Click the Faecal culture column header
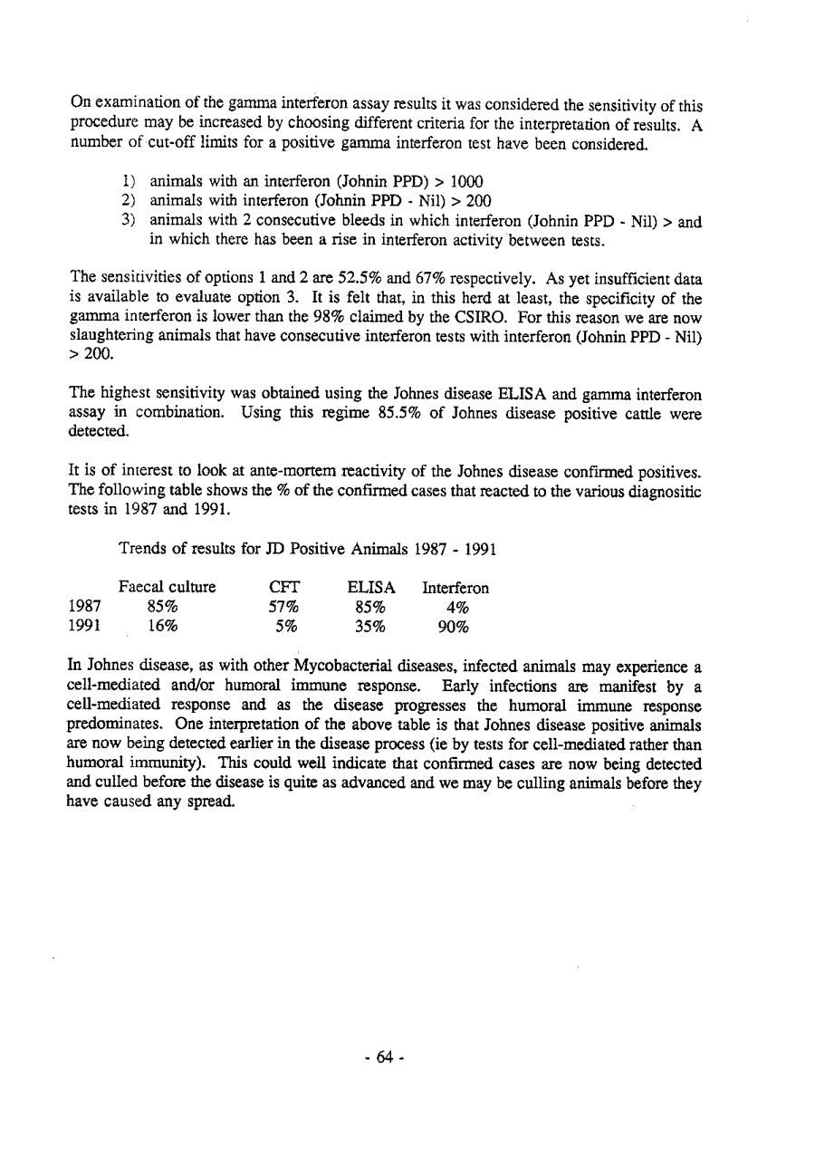pos(168,587)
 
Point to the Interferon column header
pos(455,588)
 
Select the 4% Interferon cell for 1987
pos(456,607)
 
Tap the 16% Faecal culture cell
pos(163,626)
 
